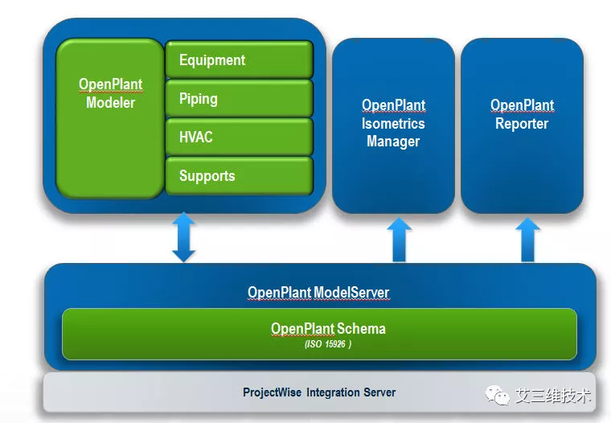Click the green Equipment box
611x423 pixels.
pyautogui.click(x=239, y=60)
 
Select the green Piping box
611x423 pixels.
pyautogui.click(x=239, y=99)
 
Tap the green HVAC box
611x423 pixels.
pyautogui.click(x=239, y=138)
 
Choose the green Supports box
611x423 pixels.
pyautogui.click(x=239, y=176)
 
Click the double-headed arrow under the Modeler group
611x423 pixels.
pyautogui.click(x=184, y=237)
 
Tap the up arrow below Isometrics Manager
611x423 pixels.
pyautogui.click(x=399, y=240)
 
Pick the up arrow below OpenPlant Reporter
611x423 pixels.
pyautogui.click(x=527, y=240)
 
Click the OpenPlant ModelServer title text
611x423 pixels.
pyautogui.click(x=318, y=293)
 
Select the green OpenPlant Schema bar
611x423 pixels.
pyautogui.click(x=319, y=334)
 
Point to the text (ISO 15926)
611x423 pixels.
pyautogui.click(x=327, y=344)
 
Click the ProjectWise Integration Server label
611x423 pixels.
pyautogui.click(x=319, y=392)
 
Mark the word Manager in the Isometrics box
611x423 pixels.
pyautogui.click(x=393, y=142)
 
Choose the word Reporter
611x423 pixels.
pyautogui.click(x=522, y=124)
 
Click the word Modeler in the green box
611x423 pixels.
pyautogui.click(x=110, y=103)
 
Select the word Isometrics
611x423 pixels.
pyautogui.click(x=393, y=124)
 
